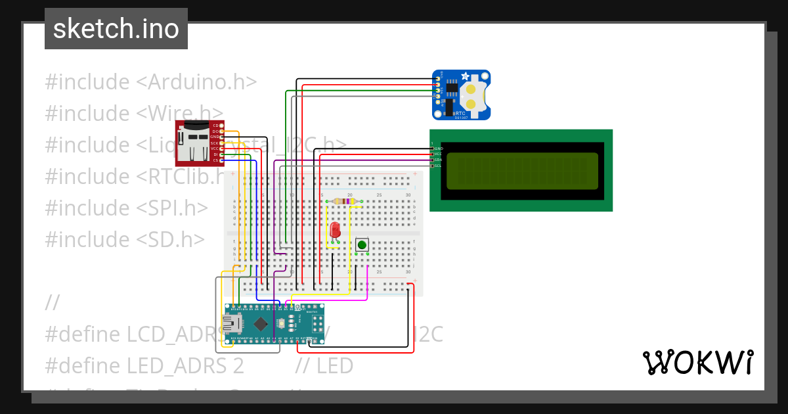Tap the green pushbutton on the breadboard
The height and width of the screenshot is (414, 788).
[x=361, y=245]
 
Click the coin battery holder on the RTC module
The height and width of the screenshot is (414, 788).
[x=473, y=95]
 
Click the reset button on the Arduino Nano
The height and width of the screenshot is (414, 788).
[x=282, y=323]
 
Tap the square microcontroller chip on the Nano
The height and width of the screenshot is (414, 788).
[x=261, y=323]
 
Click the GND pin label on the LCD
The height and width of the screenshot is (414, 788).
[x=437, y=149]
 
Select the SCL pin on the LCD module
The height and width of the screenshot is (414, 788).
[x=437, y=166]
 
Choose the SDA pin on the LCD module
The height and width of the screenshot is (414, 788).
[x=437, y=160]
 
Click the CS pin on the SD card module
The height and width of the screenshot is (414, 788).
[x=215, y=160]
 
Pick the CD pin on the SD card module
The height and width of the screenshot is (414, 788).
[x=215, y=125]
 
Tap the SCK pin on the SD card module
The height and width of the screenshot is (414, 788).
[x=215, y=143]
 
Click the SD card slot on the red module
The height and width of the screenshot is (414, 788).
[x=192, y=141]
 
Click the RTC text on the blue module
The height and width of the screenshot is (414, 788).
[x=460, y=114]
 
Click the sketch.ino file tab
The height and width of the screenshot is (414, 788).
[x=116, y=29]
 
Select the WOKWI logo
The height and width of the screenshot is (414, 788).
[x=697, y=362]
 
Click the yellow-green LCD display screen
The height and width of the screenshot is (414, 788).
[x=522, y=170]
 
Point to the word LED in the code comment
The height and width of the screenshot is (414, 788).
[x=335, y=365]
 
